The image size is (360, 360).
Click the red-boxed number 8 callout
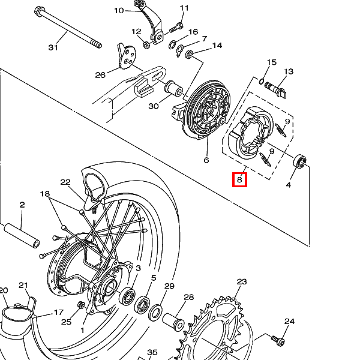click(239, 179)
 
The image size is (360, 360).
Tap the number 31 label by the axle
click(53, 47)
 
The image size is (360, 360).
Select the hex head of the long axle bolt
click(38, 11)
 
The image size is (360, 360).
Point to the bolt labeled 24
click(278, 340)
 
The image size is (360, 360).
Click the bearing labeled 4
click(299, 161)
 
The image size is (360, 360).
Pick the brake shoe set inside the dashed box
click(251, 133)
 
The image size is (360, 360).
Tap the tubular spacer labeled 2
click(22, 236)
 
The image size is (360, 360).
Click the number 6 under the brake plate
click(206, 160)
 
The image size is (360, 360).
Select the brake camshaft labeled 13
click(275, 89)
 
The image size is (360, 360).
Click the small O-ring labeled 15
click(262, 81)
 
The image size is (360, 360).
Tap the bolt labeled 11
click(176, 28)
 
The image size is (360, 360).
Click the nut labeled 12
click(146, 44)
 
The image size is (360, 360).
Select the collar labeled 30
click(174, 89)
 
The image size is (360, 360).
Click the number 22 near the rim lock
click(65, 182)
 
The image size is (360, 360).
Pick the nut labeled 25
click(81, 305)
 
